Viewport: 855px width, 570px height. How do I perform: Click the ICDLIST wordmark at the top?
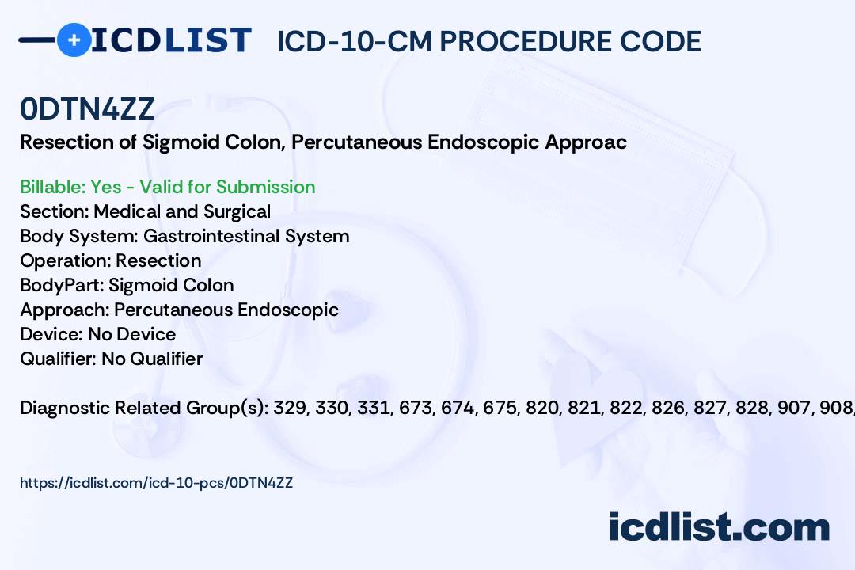click(x=171, y=40)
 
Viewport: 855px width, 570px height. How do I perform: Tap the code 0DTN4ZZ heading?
click(x=87, y=110)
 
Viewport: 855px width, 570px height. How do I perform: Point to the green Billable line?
click(x=168, y=187)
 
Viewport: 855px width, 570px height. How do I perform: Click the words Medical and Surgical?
click(x=182, y=211)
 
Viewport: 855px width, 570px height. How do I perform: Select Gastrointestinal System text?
click(x=246, y=236)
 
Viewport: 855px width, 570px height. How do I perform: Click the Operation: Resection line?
click(x=111, y=260)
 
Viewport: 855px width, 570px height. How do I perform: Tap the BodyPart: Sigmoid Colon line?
click(x=127, y=285)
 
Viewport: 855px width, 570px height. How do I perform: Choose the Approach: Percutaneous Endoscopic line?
click(x=179, y=310)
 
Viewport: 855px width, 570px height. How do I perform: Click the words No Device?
click(x=131, y=334)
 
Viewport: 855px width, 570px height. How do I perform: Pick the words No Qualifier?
click(x=152, y=359)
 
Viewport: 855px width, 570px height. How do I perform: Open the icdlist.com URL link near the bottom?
click(x=156, y=482)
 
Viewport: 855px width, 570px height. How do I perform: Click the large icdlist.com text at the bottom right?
click(x=719, y=527)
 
